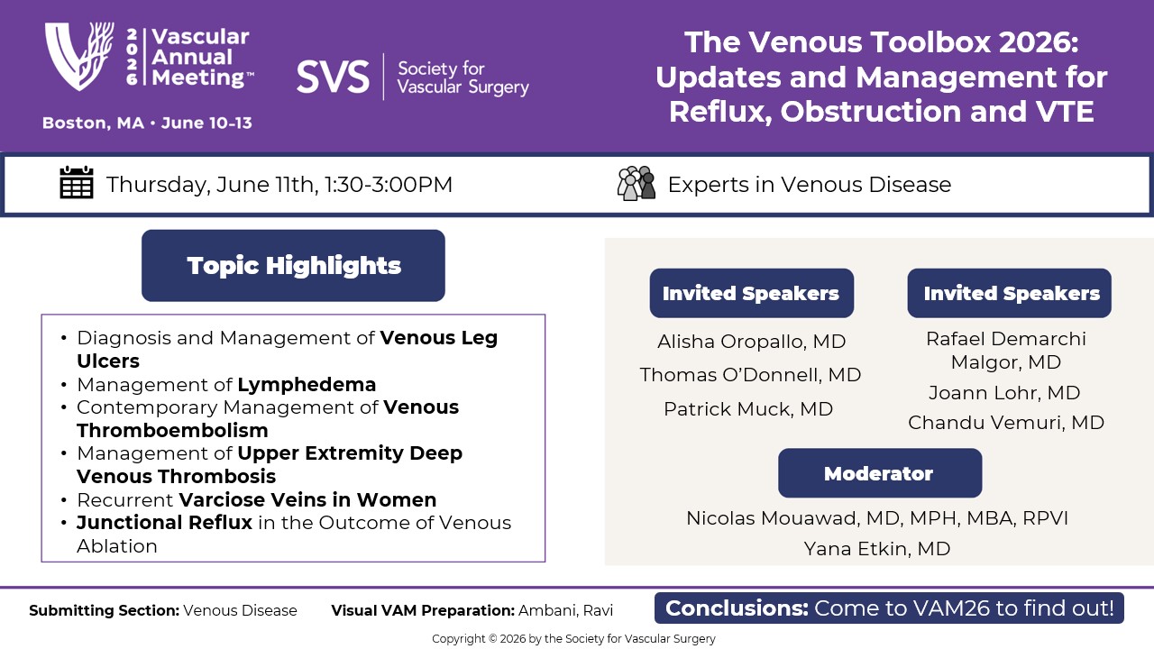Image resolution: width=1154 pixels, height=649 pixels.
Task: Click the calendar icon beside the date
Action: coord(77,182)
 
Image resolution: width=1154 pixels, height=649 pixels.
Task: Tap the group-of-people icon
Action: coord(637,183)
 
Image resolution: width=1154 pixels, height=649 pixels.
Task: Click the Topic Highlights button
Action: coord(293,265)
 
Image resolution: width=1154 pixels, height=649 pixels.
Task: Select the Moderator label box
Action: coord(880,473)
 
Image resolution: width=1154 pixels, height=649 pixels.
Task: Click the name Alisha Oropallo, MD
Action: coord(751,342)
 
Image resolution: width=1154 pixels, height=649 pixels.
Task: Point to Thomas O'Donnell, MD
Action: coord(750,375)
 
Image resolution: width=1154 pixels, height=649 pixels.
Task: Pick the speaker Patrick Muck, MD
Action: coord(748,409)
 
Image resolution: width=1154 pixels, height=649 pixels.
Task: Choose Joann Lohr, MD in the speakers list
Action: coord(1004,393)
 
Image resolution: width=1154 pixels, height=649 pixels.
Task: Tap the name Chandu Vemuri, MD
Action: coord(1005,423)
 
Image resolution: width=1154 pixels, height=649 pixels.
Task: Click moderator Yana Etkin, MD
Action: coord(877,549)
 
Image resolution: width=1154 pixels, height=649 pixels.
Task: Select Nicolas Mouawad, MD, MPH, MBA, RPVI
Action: coord(877,518)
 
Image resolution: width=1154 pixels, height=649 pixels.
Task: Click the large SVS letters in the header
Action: coord(333,77)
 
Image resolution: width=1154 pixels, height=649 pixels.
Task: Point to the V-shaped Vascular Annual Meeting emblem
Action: coord(79,56)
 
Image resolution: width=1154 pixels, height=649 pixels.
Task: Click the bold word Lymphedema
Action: coord(307,385)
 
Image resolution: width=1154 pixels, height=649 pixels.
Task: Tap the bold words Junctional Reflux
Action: coord(164,523)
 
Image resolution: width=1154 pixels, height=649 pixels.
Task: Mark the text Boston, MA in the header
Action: coord(93,123)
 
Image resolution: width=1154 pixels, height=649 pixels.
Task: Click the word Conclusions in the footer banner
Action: coord(737,608)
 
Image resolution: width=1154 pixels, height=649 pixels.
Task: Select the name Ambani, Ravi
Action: coord(565,611)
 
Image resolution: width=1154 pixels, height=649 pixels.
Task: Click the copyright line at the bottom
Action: coord(573,639)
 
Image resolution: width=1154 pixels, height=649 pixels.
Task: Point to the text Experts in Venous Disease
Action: coord(810,185)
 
